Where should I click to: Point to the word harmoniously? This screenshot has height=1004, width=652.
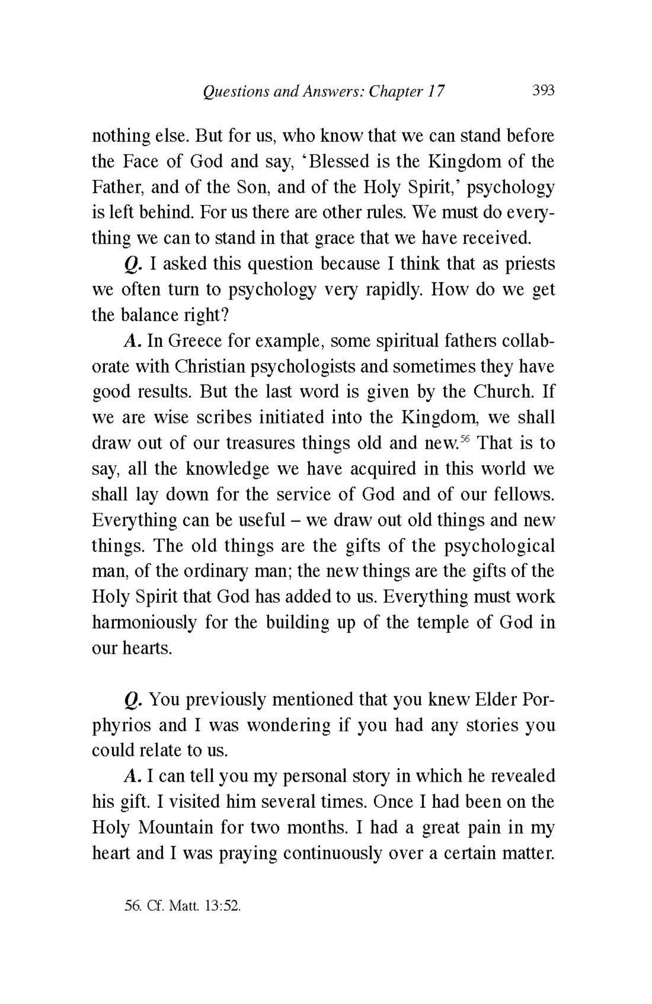(144, 622)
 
